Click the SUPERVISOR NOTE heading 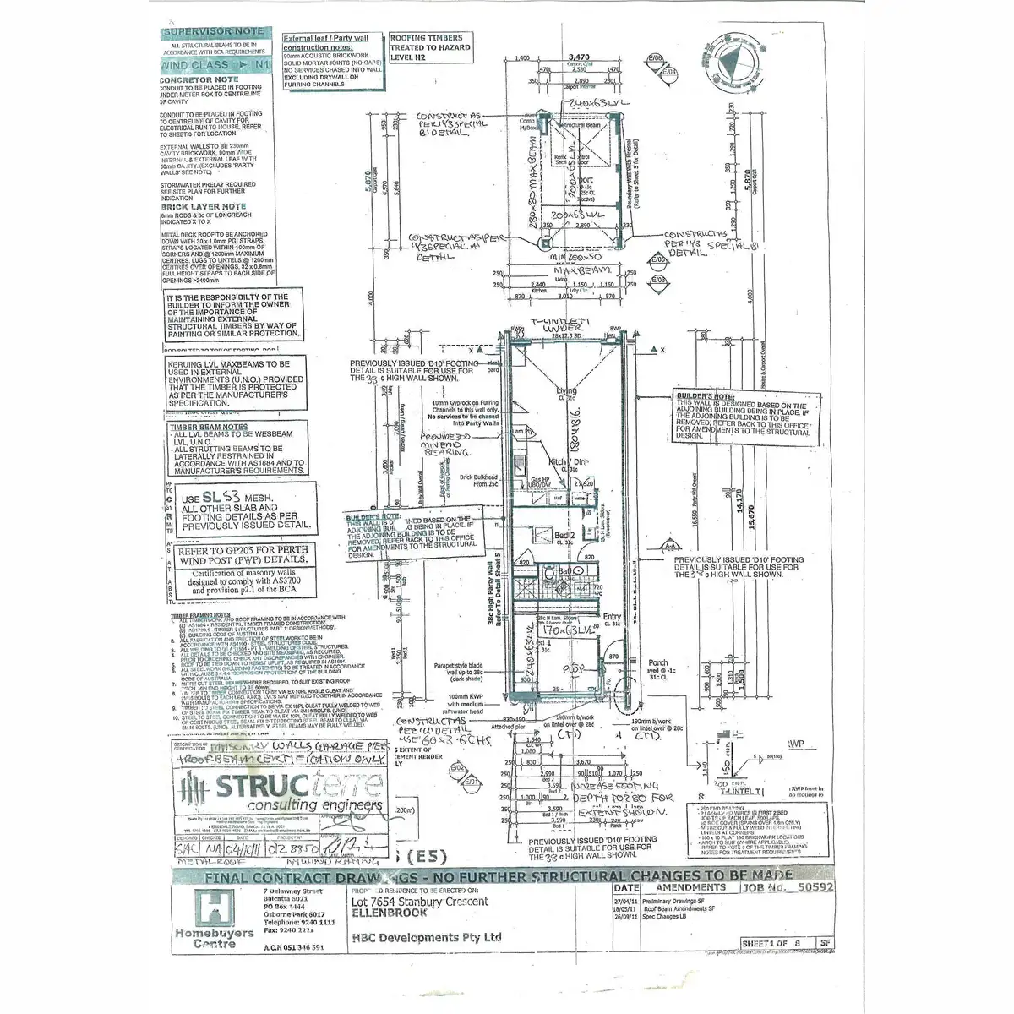pyautogui.click(x=213, y=31)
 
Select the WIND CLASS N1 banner pyautogui.click(x=215, y=64)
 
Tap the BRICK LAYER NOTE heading pyautogui.click(x=204, y=206)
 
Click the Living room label pyautogui.click(x=566, y=390)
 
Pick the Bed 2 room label pyautogui.click(x=564, y=537)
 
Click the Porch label pyautogui.click(x=657, y=663)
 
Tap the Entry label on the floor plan pyautogui.click(x=611, y=619)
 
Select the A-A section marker pyautogui.click(x=670, y=547)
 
